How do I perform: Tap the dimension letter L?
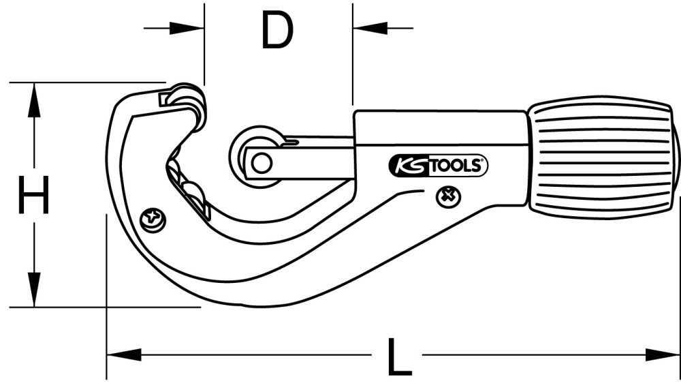398,355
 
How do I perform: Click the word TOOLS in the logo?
458,166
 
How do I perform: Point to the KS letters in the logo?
407,166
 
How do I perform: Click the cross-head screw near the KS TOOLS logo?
447,196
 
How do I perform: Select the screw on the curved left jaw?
152,219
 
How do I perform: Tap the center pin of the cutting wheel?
259,163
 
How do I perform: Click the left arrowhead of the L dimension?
123,355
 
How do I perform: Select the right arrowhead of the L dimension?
664,355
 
